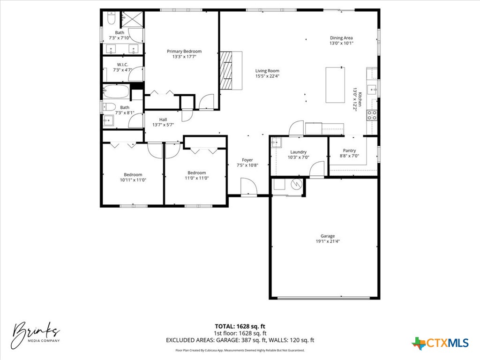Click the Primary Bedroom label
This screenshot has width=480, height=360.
point(184,51)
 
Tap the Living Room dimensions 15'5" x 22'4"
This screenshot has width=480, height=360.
point(267,76)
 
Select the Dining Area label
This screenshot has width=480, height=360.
point(341,38)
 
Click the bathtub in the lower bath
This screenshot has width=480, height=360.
point(116,92)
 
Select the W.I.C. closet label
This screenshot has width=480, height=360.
point(123,64)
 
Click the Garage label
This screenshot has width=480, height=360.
point(328,236)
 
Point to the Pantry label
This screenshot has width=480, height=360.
point(349,150)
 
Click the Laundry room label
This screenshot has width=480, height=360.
point(298,152)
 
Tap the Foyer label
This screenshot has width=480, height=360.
point(247,160)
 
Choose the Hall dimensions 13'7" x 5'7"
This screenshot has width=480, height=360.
point(163,125)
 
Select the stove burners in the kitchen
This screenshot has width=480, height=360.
point(372,115)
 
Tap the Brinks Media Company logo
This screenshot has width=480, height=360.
point(37,334)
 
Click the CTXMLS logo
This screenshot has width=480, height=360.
point(440,343)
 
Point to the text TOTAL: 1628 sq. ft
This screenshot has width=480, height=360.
point(240,326)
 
